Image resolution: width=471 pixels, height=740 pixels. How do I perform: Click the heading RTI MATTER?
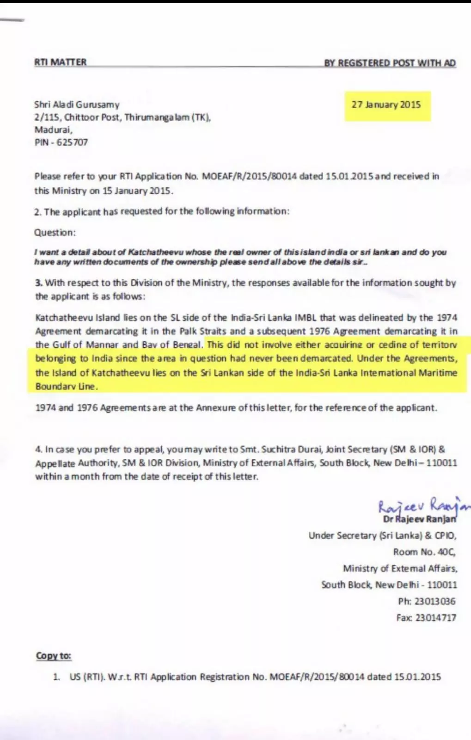pyautogui.click(x=60, y=62)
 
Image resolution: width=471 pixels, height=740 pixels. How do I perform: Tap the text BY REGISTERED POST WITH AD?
pyautogui.click(x=390, y=63)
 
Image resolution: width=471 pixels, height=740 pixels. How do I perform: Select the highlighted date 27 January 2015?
pyautogui.click(x=386, y=105)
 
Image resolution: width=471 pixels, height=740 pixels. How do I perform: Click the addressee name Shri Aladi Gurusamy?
pyautogui.click(x=77, y=105)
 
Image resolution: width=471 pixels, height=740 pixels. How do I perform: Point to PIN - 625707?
pyautogui.click(x=61, y=142)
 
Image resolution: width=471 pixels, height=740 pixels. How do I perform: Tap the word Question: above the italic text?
pyautogui.click(x=55, y=232)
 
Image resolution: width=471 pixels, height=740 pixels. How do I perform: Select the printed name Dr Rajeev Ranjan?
pyautogui.click(x=419, y=519)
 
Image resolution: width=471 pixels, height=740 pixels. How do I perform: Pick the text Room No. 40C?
pyautogui.click(x=424, y=552)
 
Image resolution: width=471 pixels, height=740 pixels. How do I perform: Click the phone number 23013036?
pyautogui.click(x=434, y=601)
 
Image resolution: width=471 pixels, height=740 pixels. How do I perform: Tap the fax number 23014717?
pyautogui.click(x=435, y=617)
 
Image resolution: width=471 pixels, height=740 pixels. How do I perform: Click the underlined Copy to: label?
pyautogui.click(x=54, y=656)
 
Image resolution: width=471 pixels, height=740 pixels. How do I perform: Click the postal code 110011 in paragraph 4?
pyautogui.click(x=441, y=462)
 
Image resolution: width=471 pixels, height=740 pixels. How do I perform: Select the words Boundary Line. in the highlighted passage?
pyautogui.click(x=66, y=386)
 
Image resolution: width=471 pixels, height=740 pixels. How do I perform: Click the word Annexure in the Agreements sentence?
pyautogui.click(x=216, y=407)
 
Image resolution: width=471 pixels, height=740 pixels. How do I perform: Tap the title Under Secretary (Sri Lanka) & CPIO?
pyautogui.click(x=382, y=536)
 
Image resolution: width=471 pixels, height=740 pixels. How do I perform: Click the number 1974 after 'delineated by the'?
pyautogui.click(x=447, y=318)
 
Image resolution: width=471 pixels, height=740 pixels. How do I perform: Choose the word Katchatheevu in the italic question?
pyautogui.click(x=155, y=252)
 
